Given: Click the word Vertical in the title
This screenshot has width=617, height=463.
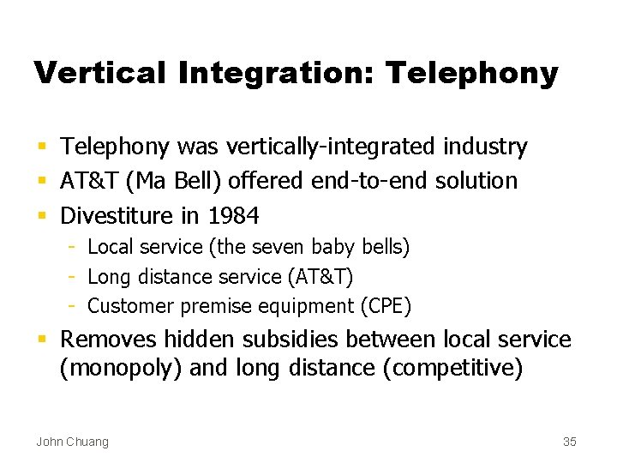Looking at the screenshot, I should [99, 73].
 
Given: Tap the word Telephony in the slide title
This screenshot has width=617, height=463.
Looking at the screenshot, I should [471, 73].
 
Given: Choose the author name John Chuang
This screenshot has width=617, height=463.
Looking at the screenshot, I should [72, 442].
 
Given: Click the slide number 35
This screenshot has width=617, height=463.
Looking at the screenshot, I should [570, 442].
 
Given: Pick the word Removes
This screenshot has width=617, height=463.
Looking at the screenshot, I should [107, 340].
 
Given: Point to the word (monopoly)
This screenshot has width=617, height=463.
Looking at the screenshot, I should [121, 370].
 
